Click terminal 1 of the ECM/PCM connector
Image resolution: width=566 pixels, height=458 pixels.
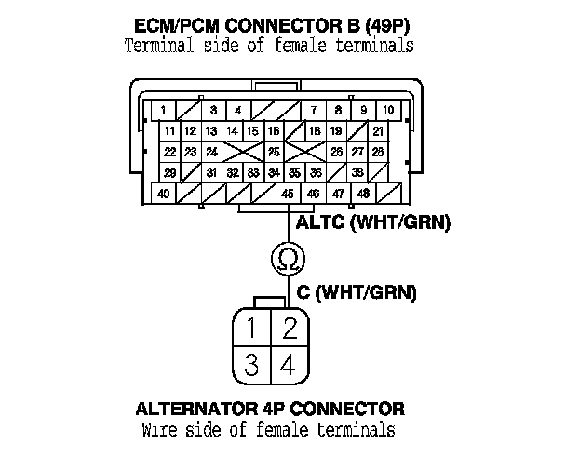click(x=163, y=111)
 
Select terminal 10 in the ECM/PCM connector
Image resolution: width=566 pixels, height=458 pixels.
click(x=387, y=111)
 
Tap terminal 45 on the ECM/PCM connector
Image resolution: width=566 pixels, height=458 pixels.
click(x=288, y=193)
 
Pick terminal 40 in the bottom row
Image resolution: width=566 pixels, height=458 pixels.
click(x=164, y=193)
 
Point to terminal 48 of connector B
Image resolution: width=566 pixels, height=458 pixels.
click(x=362, y=193)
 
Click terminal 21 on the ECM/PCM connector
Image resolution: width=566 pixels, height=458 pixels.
click(x=379, y=131)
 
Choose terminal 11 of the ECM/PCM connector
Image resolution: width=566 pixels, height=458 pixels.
click(x=169, y=131)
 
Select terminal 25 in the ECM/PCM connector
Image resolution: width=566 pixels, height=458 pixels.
click(x=274, y=152)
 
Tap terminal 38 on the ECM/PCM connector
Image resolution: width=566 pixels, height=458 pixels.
click(x=357, y=172)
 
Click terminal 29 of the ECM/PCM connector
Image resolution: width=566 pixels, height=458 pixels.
click(x=169, y=172)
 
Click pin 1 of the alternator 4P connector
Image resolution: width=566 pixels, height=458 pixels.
click(x=252, y=328)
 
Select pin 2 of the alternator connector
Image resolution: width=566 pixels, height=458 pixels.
click(x=289, y=328)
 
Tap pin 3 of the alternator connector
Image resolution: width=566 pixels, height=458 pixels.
click(x=252, y=364)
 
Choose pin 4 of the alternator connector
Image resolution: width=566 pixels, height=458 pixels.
click(x=289, y=364)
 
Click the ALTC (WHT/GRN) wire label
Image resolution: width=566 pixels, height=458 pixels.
click(x=372, y=222)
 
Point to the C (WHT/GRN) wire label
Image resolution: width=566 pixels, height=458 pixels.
click(x=357, y=292)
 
